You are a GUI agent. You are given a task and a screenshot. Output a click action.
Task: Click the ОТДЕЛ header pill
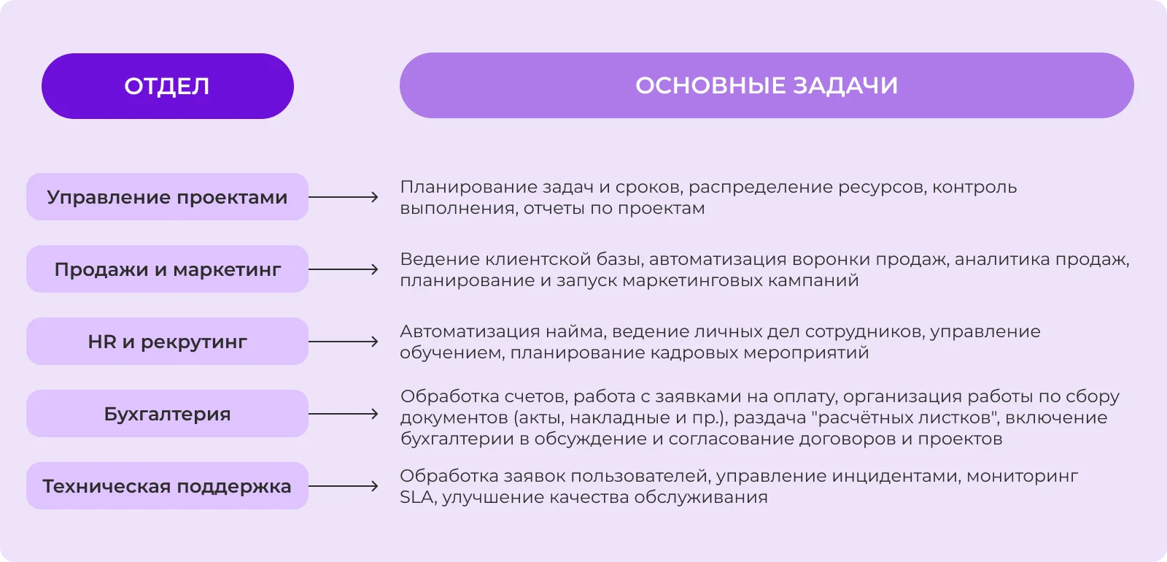pos(168,86)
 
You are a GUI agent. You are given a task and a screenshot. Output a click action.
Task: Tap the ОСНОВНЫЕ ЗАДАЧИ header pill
pos(767,85)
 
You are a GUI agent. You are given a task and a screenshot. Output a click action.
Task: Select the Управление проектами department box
pos(167,197)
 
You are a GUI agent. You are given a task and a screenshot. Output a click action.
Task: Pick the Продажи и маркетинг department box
pos(167,269)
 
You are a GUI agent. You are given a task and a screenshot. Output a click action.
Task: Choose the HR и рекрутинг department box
pos(167,342)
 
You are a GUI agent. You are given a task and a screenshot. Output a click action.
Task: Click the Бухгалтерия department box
pos(167,414)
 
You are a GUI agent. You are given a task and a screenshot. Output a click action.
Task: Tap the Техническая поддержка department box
pos(167,486)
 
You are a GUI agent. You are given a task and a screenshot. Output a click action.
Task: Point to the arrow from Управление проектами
pos(344,197)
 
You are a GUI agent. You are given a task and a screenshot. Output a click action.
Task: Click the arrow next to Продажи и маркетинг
pos(344,269)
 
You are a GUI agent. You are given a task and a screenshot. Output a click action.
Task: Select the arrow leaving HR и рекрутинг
pos(344,342)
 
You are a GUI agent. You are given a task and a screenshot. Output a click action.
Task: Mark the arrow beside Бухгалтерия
pos(344,414)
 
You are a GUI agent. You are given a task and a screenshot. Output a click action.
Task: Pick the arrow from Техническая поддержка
pos(344,486)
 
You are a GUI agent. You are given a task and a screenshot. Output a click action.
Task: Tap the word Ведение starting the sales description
pos(441,260)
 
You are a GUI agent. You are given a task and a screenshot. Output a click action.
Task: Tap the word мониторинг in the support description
pos(1023,477)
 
